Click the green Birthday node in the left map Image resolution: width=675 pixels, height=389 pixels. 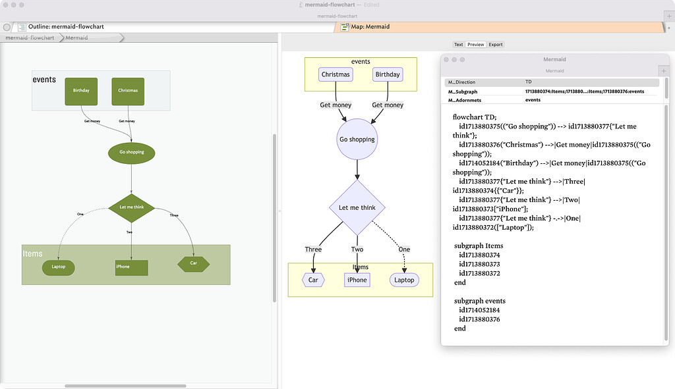point(81,91)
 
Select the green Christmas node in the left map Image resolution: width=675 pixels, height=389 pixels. point(128,91)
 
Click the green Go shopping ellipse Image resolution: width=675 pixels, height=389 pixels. point(131,152)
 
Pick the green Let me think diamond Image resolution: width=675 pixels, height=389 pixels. point(131,207)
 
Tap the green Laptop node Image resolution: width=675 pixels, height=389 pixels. point(59,267)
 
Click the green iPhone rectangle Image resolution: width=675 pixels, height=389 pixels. point(131,267)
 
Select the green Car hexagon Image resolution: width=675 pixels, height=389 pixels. point(193,263)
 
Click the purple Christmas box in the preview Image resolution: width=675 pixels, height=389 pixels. point(336,74)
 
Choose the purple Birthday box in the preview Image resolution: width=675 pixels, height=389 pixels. point(388,74)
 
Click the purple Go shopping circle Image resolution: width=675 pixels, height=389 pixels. point(357,140)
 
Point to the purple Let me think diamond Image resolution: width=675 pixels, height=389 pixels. point(357,208)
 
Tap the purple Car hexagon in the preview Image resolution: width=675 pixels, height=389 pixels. point(313,280)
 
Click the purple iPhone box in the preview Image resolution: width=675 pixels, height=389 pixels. point(357,280)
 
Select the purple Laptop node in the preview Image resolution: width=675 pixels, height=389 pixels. point(404,280)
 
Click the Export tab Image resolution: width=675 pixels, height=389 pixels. point(496,45)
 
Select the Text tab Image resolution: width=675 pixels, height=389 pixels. point(458,45)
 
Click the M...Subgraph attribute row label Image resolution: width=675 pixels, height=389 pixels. point(463,91)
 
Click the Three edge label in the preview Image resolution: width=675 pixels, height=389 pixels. point(313,249)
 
